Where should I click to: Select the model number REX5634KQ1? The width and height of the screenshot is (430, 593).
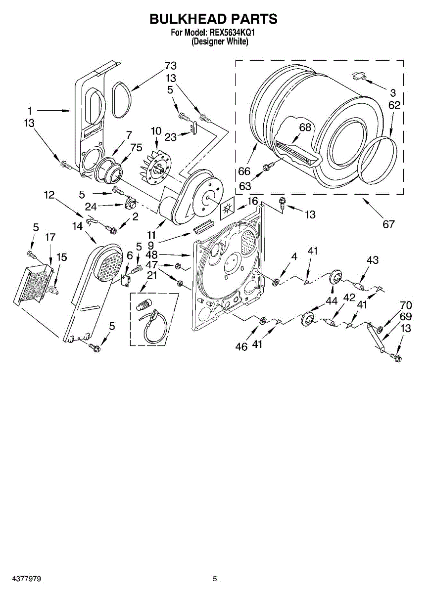click(233, 33)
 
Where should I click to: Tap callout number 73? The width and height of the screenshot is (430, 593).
click(170, 66)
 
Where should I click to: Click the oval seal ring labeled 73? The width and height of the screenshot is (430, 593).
click(121, 101)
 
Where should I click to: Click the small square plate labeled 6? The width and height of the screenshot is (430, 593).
click(126, 280)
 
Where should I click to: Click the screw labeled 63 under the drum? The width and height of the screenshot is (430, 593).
click(267, 167)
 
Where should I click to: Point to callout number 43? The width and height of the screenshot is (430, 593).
click(372, 260)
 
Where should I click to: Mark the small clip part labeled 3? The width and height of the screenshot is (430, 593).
click(358, 75)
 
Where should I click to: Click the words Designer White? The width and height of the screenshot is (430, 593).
click(220, 42)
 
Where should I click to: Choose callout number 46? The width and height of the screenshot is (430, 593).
click(241, 346)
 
